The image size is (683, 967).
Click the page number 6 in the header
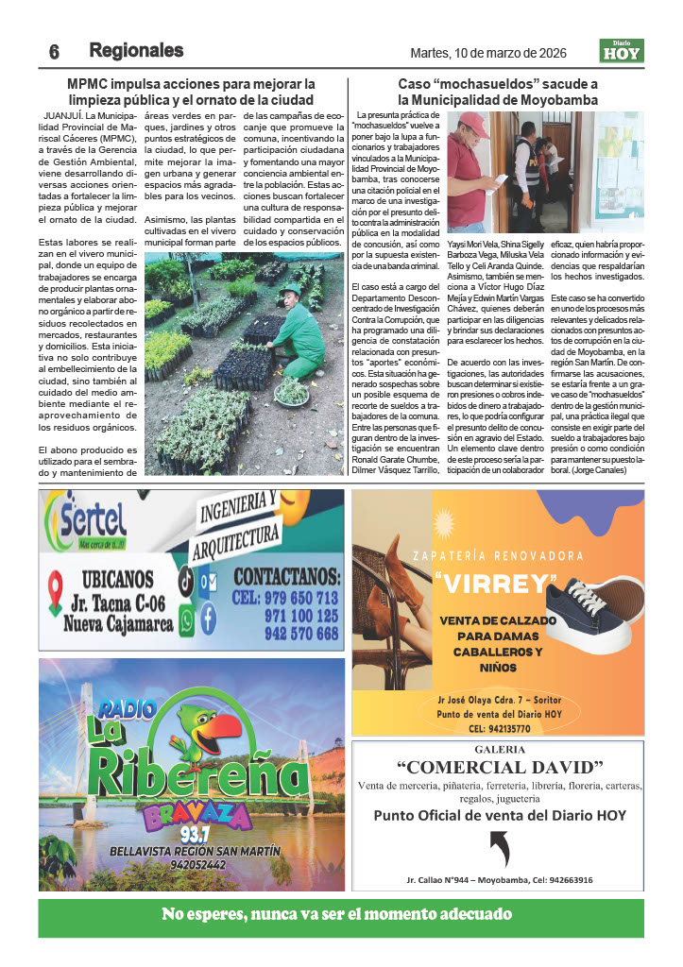pos(54,52)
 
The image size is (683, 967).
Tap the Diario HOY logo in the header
pos(622,50)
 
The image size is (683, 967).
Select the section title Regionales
pos(136,51)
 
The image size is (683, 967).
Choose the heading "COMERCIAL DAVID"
pos(499,765)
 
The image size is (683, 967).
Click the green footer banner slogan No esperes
pos(336,914)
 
